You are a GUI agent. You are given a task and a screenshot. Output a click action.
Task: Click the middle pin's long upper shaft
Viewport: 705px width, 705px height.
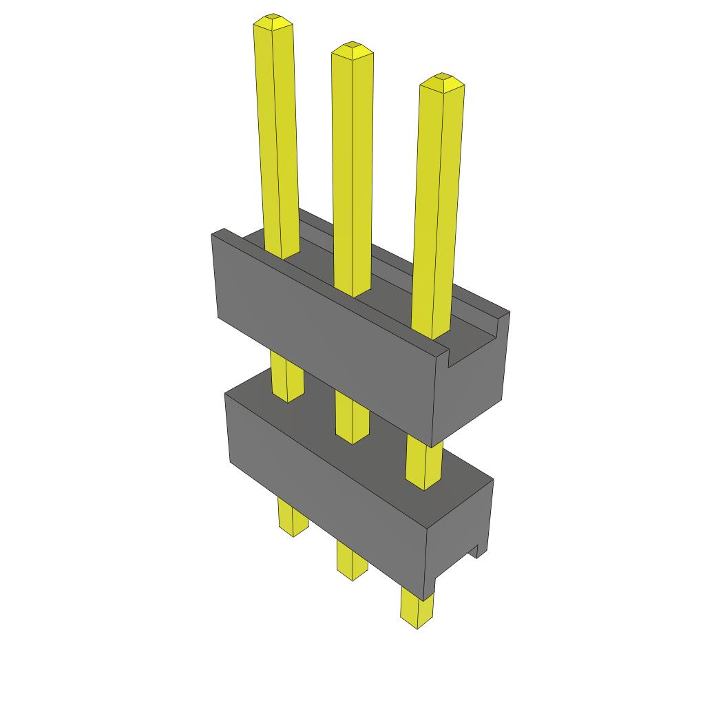[x=352, y=172]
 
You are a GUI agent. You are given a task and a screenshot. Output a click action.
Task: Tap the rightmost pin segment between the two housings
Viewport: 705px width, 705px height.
[x=423, y=465]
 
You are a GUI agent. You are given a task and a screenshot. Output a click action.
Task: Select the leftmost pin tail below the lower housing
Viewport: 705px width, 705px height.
[x=293, y=516]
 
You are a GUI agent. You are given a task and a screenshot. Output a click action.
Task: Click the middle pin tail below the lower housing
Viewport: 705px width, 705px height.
[x=352, y=558]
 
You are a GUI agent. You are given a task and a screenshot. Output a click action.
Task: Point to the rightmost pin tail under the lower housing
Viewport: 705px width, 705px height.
[x=417, y=609]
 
